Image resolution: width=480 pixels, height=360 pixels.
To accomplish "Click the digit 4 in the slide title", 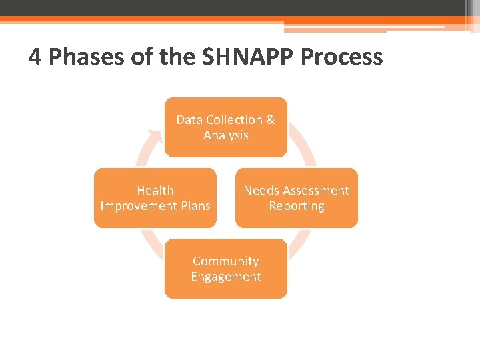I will [36, 57].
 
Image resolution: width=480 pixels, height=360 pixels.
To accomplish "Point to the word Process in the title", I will [342, 57].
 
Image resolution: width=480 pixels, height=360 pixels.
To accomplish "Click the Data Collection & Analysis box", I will [225, 127].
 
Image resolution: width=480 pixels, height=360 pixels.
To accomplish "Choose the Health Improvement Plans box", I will [155, 198].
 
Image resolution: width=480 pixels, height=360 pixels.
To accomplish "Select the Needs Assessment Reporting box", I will [296, 198].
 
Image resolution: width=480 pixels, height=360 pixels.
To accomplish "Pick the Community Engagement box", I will [225, 269].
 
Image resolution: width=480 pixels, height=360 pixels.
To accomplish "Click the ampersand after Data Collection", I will [270, 120].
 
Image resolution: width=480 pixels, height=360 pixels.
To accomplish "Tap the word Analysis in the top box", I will [226, 135].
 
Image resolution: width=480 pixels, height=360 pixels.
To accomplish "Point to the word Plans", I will [195, 206].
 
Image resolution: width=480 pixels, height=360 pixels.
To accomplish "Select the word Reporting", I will [296, 206].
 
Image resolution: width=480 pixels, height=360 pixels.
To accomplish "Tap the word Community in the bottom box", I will [225, 261].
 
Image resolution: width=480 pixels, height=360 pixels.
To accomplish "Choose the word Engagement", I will [225, 277].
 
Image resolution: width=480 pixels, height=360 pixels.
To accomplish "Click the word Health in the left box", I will [155, 191].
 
